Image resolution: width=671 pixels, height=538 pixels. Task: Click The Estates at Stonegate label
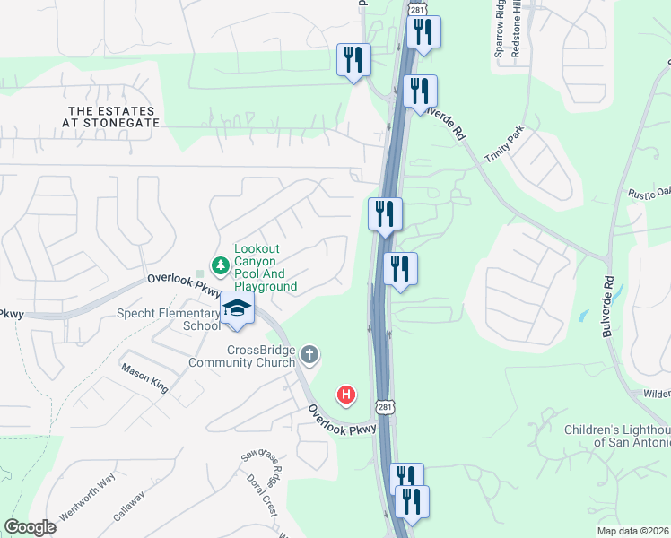pyautogui.click(x=114, y=116)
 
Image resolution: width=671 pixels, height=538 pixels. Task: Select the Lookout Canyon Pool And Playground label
pyautogui.click(x=265, y=267)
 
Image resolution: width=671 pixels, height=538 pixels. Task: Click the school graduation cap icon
pyautogui.click(x=238, y=308)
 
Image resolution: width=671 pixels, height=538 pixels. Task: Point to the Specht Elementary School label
pyautogui.click(x=169, y=320)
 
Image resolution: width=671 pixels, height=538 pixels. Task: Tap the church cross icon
pyautogui.click(x=309, y=355)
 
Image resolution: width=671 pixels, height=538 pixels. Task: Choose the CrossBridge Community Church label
pyautogui.click(x=241, y=356)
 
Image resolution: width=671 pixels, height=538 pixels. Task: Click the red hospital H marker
pyautogui.click(x=345, y=394)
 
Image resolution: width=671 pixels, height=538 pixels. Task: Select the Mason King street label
pyautogui.click(x=144, y=377)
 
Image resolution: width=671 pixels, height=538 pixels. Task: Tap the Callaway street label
pyautogui.click(x=129, y=508)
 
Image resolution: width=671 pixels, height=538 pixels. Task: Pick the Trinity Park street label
pyautogui.click(x=504, y=149)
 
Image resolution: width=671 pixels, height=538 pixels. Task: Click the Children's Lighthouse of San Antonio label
pyautogui.click(x=617, y=436)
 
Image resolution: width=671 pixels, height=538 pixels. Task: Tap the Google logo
pyautogui.click(x=30, y=526)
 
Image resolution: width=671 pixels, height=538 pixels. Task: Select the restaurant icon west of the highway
pyautogui.click(x=353, y=61)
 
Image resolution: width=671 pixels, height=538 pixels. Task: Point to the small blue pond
pyautogui.click(x=584, y=317)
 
